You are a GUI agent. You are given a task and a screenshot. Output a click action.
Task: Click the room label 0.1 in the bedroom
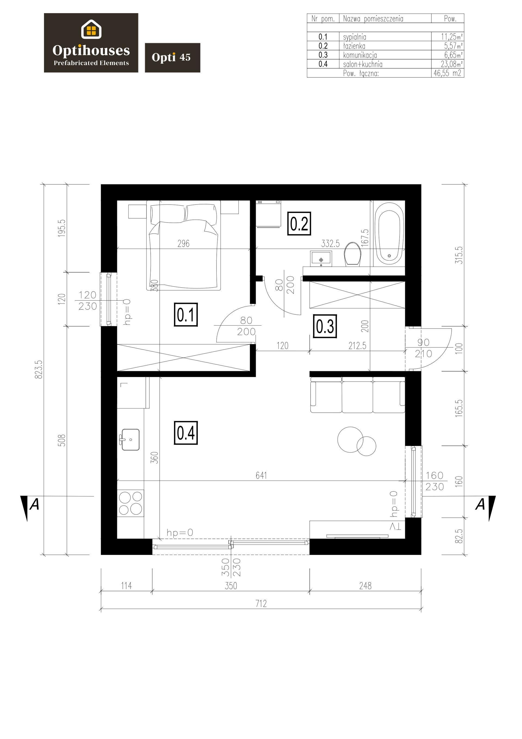click(x=186, y=314)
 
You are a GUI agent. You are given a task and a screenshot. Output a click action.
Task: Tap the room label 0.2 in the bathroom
click(x=299, y=224)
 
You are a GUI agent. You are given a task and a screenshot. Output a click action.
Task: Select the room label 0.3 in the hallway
click(x=325, y=326)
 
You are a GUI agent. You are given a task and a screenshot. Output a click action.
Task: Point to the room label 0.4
click(x=186, y=433)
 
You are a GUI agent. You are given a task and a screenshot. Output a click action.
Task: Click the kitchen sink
click(x=130, y=439)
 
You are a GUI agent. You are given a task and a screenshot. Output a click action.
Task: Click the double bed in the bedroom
click(x=184, y=245)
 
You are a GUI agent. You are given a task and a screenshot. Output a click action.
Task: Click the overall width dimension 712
click(x=261, y=604)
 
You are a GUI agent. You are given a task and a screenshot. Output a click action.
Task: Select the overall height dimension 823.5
click(x=39, y=369)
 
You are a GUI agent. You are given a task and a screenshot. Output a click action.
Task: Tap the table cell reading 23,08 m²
click(x=452, y=64)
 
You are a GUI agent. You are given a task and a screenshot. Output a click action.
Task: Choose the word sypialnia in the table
click(x=354, y=37)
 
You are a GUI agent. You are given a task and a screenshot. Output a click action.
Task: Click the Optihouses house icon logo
click(x=91, y=29)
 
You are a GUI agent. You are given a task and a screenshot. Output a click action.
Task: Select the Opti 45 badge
click(x=172, y=58)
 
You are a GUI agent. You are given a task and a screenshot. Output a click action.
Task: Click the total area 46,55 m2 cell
click(x=447, y=73)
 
